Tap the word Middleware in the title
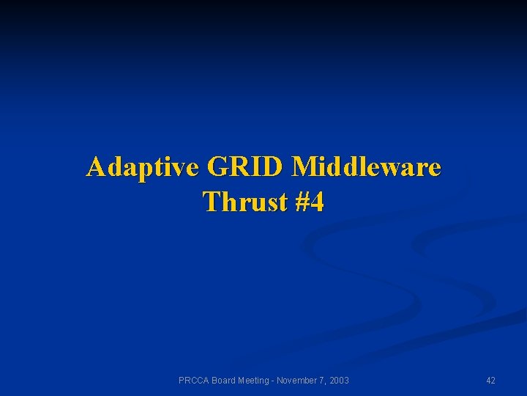coord(367,168)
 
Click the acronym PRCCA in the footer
coord(194,380)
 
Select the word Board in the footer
coord(225,380)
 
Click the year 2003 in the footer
coord(339,380)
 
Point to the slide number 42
coord(490,380)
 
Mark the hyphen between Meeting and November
coord(275,380)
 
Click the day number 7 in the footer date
coord(323,380)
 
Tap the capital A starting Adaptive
coord(95,168)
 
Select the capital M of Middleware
coord(303,168)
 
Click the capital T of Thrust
coord(211,201)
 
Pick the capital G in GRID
coord(217,168)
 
